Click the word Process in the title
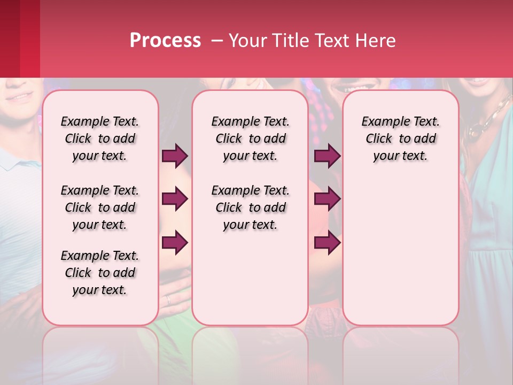(165, 41)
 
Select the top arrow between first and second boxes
(175, 156)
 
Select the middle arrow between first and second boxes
(175, 199)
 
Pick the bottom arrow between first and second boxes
(175, 243)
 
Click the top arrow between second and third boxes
(327, 156)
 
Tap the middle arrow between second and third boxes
(327, 199)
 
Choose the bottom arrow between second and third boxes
(327, 243)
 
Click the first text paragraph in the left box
(100, 138)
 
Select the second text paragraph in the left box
(100, 207)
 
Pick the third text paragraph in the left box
(100, 273)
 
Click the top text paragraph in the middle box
(250, 138)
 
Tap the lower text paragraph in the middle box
(250, 207)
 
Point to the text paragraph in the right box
(400, 138)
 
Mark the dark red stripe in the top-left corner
(10, 38)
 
